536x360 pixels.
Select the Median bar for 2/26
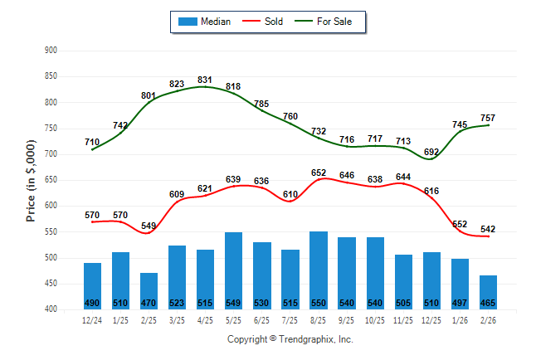click(488, 292)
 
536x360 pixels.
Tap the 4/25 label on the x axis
click(205, 320)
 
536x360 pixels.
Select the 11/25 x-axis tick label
click(402, 320)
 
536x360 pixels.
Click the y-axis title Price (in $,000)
click(31, 179)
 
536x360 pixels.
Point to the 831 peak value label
click(205, 80)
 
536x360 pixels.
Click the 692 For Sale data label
click(431, 152)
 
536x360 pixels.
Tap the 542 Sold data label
click(488, 229)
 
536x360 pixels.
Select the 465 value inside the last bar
click(488, 303)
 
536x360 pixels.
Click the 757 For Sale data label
click(488, 118)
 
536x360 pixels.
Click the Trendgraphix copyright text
click(290, 339)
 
